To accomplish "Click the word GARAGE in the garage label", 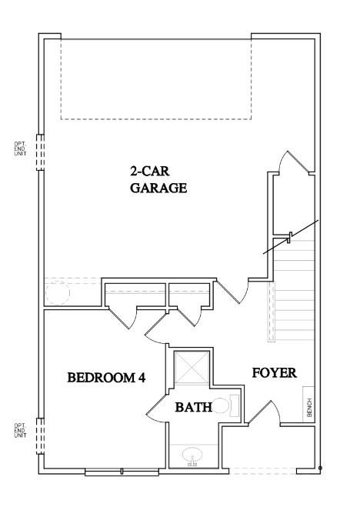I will coord(158,188).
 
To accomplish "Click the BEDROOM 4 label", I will coord(106,378).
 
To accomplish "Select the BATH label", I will coord(193,406).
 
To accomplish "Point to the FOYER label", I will coord(275,373).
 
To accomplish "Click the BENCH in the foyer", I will coord(308,407).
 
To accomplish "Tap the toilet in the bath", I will coord(228,405).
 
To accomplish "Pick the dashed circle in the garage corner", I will coord(58,292).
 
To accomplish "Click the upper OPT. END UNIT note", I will coord(20,148).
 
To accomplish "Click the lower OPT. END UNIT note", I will coord(20,430).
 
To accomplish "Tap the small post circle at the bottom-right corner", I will coord(320,469).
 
